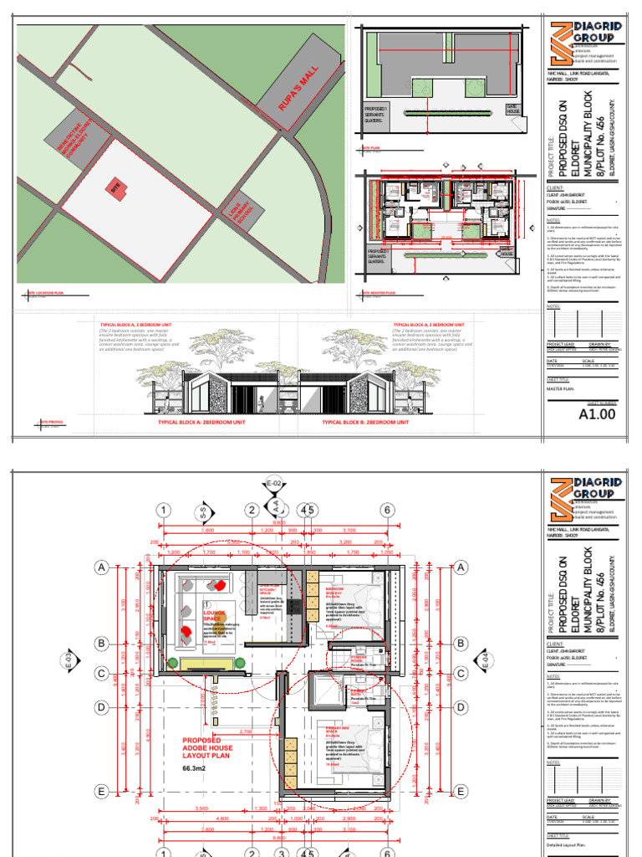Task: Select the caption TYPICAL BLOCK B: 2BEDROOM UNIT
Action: pyautogui.click(x=365, y=423)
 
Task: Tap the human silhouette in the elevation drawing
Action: pyautogui.click(x=262, y=402)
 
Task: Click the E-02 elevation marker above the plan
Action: pyautogui.click(x=273, y=485)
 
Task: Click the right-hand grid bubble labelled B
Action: pyautogui.click(x=459, y=644)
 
